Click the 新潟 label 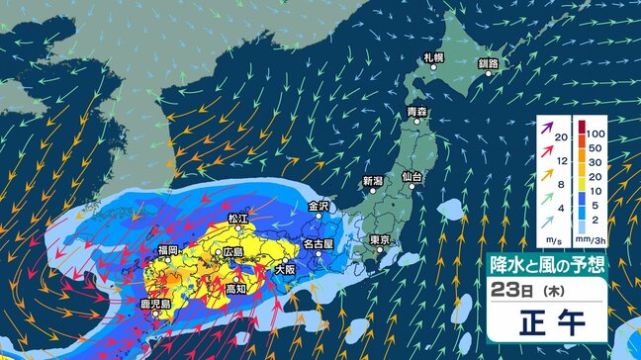click(x=372, y=181)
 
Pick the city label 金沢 click(x=318, y=207)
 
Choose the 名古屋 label click(x=318, y=242)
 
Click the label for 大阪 click(x=285, y=268)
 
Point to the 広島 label click(x=233, y=252)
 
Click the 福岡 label click(x=166, y=250)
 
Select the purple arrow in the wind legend click(x=543, y=128)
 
